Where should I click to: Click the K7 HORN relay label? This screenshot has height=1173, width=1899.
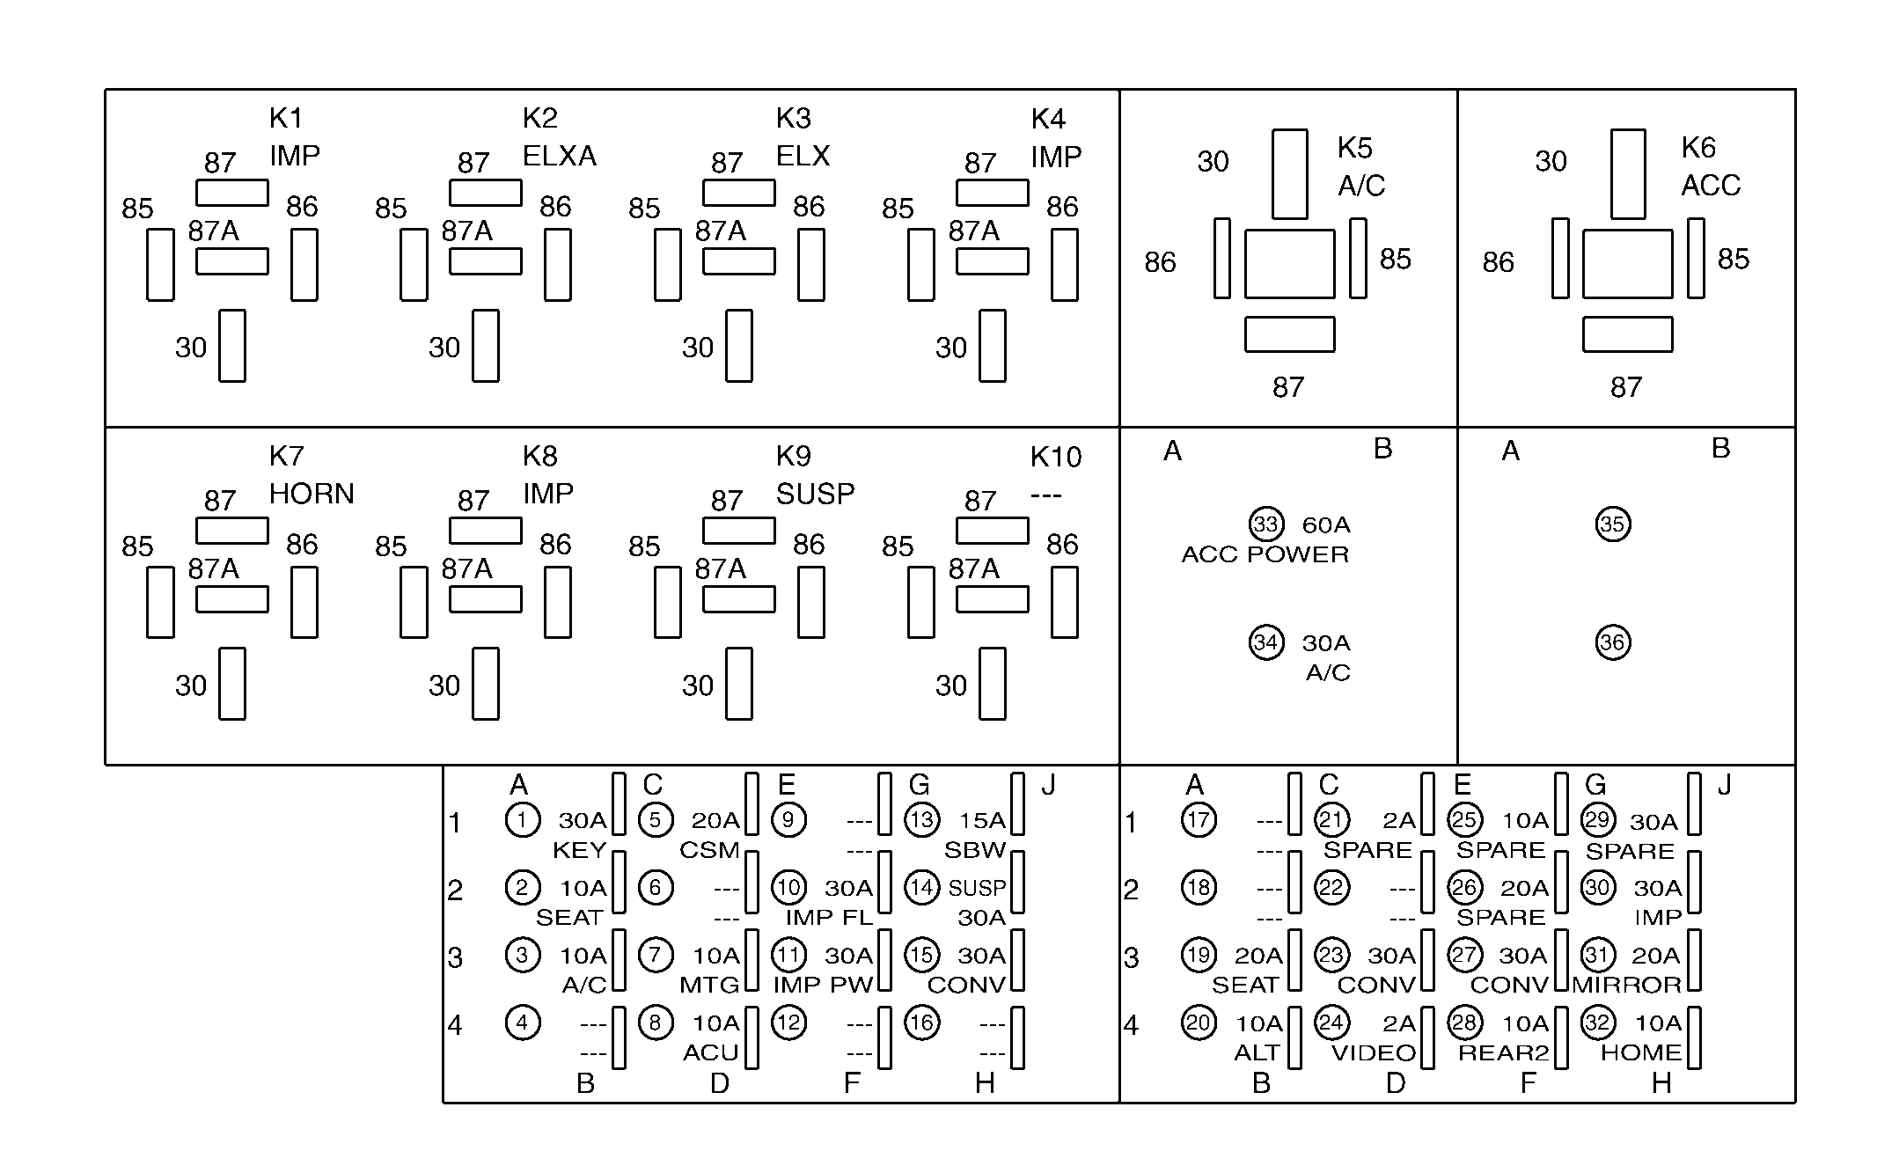tap(311, 475)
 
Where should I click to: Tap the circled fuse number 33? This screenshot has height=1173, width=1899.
tap(1266, 524)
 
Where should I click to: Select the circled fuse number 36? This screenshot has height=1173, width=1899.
tap(1612, 642)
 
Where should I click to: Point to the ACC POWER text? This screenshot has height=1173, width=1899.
tap(1265, 554)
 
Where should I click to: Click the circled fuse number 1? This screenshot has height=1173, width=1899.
tap(522, 820)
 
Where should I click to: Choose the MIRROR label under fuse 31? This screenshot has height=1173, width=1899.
tap(1627, 985)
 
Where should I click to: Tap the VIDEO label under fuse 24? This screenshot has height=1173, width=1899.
tap(1373, 1052)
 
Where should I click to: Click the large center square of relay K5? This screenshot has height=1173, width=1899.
tap(1289, 264)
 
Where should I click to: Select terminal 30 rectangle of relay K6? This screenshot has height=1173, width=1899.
tap(1628, 173)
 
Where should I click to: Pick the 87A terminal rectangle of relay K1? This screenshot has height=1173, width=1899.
tap(232, 261)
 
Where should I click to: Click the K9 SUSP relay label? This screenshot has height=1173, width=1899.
tap(814, 475)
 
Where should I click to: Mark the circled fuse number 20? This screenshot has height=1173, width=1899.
tap(1199, 1023)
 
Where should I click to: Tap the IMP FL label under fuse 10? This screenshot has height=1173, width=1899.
tap(829, 917)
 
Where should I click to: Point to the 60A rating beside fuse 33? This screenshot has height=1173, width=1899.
tap(1326, 525)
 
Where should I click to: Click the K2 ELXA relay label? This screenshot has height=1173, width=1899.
tap(559, 137)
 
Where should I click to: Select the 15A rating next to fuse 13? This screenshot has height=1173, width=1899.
tap(982, 821)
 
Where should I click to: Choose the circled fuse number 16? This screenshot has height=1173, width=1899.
tap(921, 1023)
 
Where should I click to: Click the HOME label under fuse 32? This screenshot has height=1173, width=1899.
tap(1640, 1052)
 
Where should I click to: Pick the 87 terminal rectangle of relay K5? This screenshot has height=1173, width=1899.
tap(1289, 334)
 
